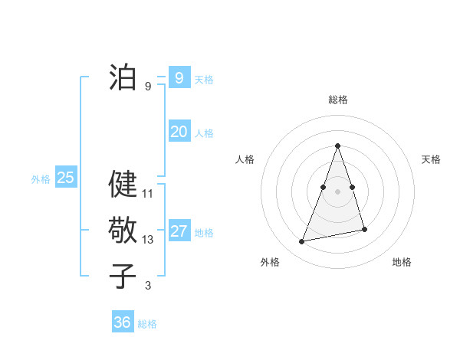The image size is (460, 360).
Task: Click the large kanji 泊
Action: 123,77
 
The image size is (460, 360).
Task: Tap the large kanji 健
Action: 123,184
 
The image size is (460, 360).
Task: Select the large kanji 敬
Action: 123,230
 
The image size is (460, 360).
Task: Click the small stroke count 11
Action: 148,194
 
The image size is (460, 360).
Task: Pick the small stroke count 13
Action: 148,240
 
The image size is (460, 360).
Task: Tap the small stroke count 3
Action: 148,286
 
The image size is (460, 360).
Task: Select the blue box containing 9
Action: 179,77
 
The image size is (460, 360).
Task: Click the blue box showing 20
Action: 179,132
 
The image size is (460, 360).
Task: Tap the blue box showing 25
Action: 66,178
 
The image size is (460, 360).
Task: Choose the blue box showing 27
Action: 179,231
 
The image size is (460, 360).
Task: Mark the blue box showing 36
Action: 123,322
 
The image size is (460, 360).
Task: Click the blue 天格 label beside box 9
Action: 204,79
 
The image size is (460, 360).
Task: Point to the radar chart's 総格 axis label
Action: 338,100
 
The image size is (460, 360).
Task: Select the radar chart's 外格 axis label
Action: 270,262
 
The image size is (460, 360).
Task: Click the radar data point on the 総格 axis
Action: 338,146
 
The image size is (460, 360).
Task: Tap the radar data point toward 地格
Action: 364,229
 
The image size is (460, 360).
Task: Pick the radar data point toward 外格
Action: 302,241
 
